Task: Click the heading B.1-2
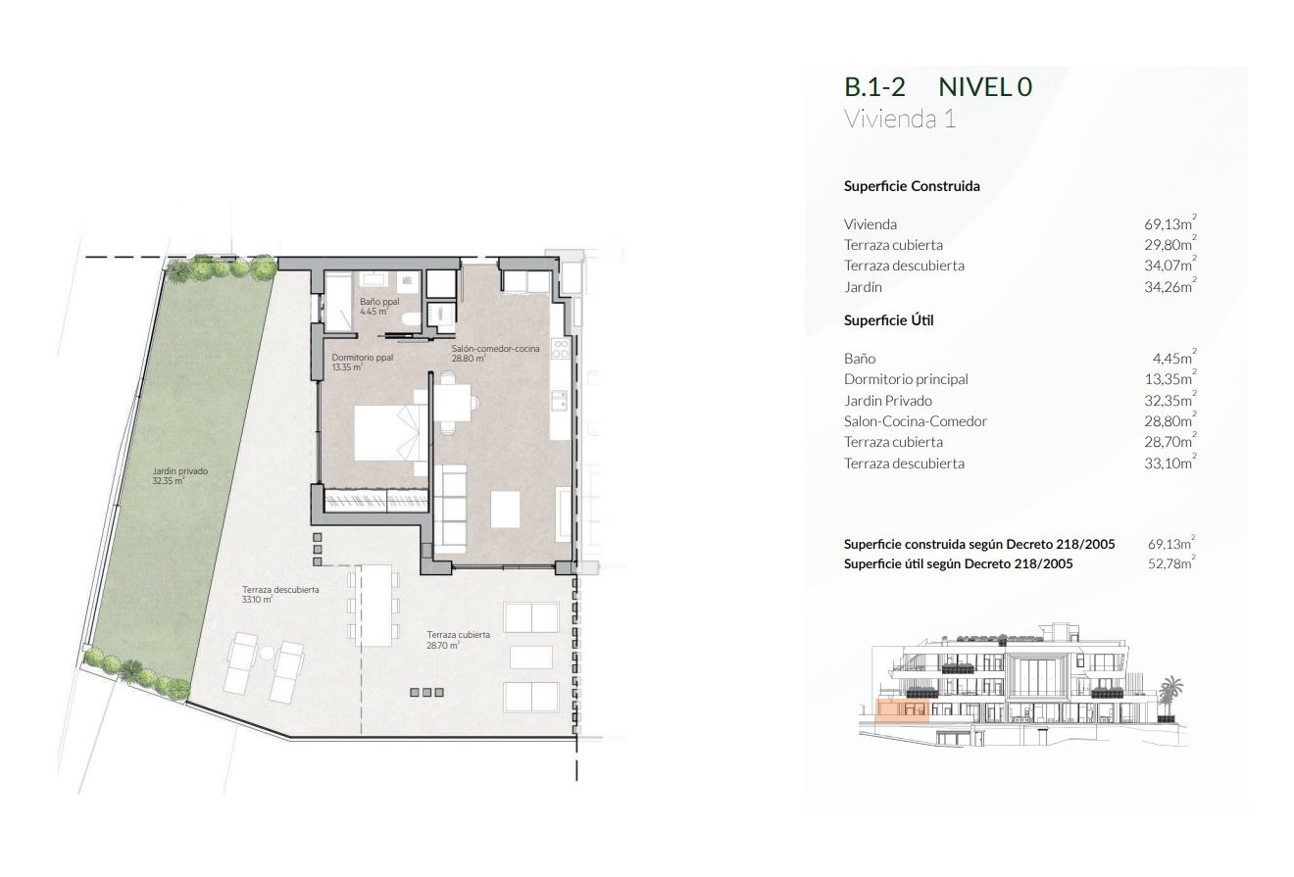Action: (x=875, y=87)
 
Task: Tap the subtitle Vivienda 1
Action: (x=899, y=120)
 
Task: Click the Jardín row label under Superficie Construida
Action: (x=863, y=287)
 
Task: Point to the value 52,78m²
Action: (x=1171, y=563)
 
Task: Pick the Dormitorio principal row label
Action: (x=906, y=379)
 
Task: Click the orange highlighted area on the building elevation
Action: (x=901, y=708)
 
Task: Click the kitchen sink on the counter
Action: (x=561, y=400)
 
